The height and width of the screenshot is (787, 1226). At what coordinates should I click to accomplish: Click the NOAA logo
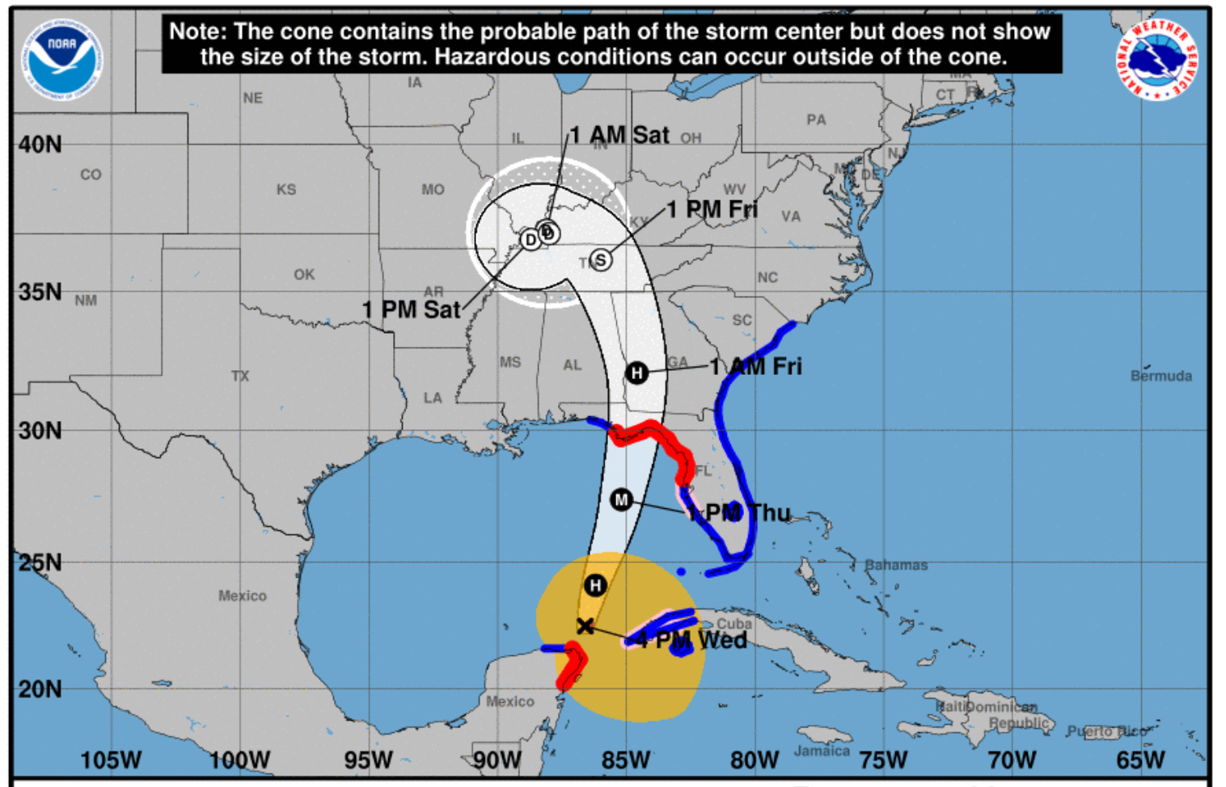[62, 61]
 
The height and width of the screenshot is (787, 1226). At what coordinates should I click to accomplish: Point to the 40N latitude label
[40, 145]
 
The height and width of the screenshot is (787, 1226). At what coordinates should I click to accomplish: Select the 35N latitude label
[40, 292]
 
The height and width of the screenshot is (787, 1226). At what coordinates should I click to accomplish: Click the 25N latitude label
[40, 562]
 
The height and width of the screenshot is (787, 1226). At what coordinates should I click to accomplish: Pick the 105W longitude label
[110, 760]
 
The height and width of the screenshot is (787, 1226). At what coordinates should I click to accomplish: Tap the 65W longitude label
[1140, 760]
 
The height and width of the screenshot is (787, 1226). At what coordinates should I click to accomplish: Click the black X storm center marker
[586, 626]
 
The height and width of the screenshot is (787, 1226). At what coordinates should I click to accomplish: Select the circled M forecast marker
[621, 500]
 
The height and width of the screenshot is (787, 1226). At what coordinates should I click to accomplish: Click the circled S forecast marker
[601, 260]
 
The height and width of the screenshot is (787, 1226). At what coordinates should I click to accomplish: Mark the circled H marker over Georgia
[637, 372]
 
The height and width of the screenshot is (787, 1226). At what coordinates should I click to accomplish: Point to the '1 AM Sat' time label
[619, 135]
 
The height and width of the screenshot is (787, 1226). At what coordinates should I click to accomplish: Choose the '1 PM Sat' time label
[411, 309]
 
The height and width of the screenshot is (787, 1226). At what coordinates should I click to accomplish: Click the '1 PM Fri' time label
[712, 210]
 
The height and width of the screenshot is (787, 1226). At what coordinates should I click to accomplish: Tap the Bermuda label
[1160, 376]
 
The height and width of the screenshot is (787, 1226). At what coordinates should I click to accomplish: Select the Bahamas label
[896, 565]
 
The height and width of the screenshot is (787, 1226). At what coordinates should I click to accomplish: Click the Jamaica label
[822, 751]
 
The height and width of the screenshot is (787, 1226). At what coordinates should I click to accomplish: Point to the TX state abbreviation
[240, 376]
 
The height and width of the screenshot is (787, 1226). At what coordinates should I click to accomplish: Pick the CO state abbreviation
[91, 175]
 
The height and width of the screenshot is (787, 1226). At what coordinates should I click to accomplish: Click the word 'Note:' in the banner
[197, 32]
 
